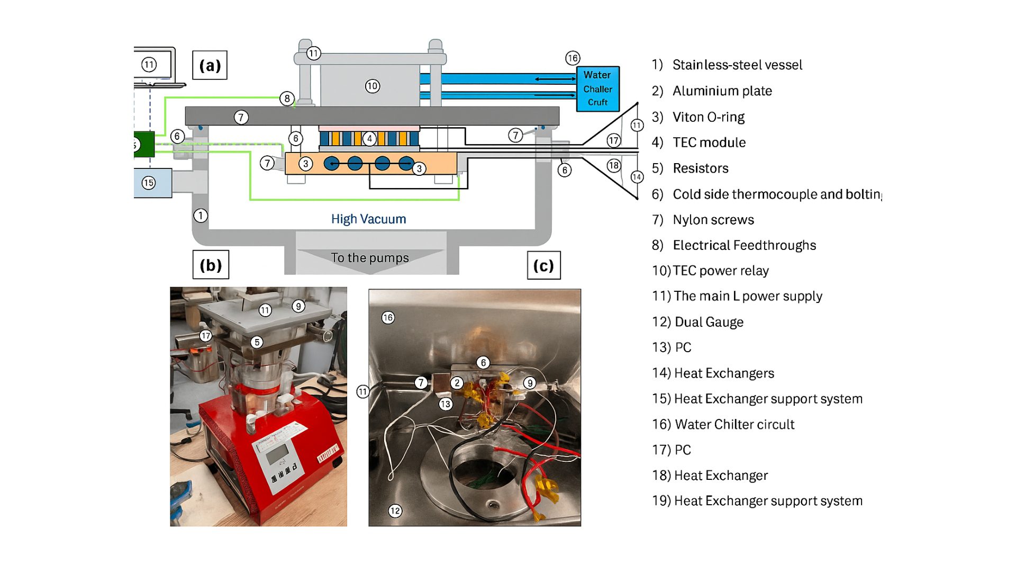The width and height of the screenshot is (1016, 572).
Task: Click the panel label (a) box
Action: click(210, 65)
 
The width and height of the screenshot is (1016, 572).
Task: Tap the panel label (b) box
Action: click(211, 265)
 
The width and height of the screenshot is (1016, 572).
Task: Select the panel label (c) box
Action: click(543, 265)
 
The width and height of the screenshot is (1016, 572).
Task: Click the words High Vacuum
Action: click(368, 219)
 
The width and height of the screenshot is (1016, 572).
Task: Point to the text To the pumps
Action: click(370, 258)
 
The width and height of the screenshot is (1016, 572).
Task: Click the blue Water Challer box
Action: click(597, 88)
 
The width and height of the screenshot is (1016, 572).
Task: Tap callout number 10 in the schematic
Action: click(373, 86)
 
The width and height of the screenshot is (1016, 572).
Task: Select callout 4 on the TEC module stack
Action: click(369, 139)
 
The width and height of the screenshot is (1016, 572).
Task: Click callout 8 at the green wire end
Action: click(287, 98)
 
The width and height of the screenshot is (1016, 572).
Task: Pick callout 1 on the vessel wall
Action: click(201, 216)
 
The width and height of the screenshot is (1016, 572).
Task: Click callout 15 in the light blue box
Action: click(149, 183)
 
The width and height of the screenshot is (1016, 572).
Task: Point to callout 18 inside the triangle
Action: click(613, 165)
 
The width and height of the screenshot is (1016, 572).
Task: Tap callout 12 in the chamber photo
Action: click(395, 511)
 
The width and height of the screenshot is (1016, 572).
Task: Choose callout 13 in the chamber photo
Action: click(446, 404)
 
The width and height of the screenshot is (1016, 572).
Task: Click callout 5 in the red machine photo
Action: click(257, 342)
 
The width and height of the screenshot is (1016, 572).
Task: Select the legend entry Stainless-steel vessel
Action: click(737, 65)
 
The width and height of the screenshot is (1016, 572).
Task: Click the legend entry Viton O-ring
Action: click(708, 117)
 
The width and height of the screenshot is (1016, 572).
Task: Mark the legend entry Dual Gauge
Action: click(709, 322)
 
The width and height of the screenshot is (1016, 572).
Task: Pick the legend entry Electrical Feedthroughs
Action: click(744, 245)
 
